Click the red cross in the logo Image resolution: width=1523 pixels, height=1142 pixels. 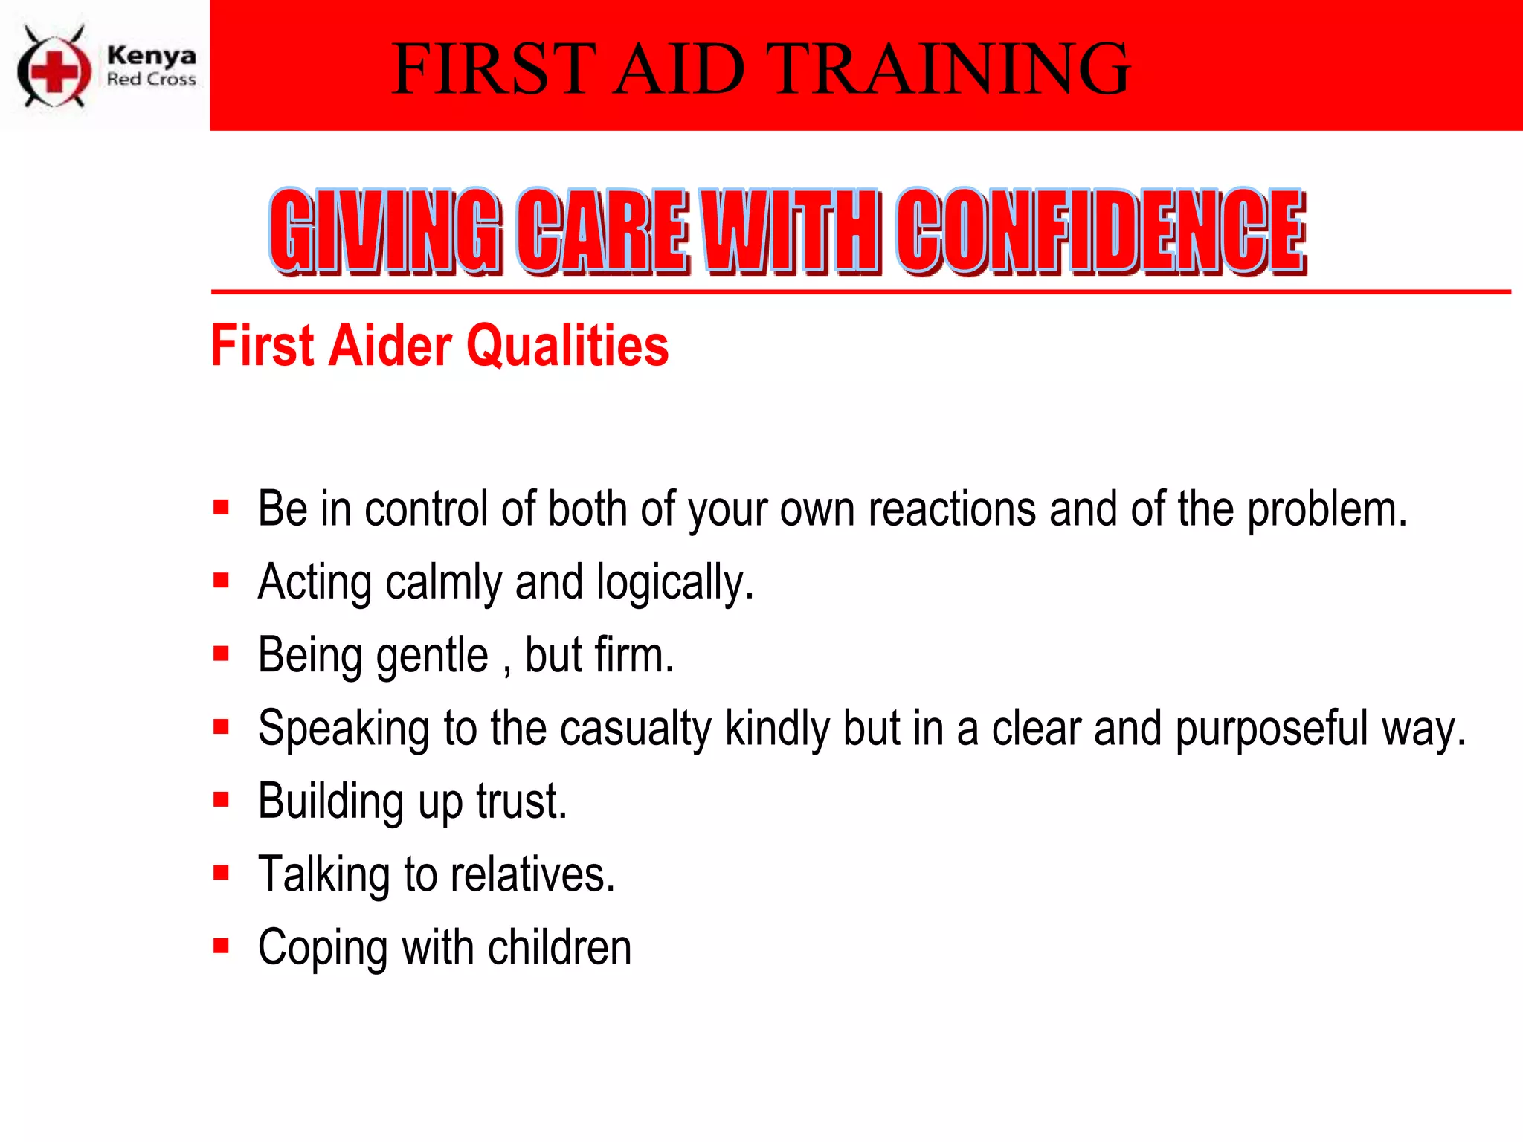coord(54,71)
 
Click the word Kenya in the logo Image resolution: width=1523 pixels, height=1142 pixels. coord(152,55)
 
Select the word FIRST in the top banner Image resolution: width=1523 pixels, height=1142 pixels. coord(494,69)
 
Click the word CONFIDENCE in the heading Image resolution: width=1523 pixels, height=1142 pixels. coord(1101,230)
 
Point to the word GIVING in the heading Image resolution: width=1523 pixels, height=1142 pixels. coord(385,230)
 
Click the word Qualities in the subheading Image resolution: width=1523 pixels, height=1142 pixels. coord(567,346)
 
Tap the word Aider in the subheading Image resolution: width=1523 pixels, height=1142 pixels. coord(390,346)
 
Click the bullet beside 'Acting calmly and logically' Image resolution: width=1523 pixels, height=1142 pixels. coord(221,581)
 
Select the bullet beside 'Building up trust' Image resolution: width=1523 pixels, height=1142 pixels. coord(221,800)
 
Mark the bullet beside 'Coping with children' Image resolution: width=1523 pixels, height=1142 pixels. coord(221,946)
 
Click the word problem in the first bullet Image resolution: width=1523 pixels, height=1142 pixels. coord(1327,511)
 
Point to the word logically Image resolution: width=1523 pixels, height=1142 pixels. coord(674,583)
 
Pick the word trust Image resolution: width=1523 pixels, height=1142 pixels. coord(521,801)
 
